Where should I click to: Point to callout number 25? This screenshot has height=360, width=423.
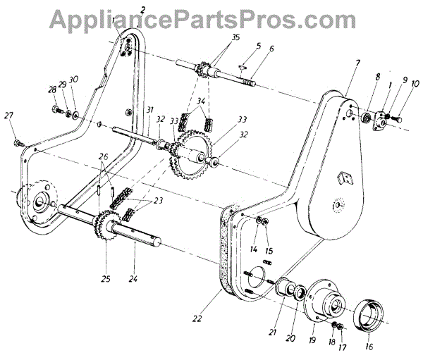[106, 279]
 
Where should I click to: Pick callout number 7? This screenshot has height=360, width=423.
[357, 64]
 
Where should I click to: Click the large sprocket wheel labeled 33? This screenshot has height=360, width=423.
[192, 153]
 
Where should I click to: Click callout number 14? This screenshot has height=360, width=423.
[252, 249]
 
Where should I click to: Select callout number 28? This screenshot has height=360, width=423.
[51, 90]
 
